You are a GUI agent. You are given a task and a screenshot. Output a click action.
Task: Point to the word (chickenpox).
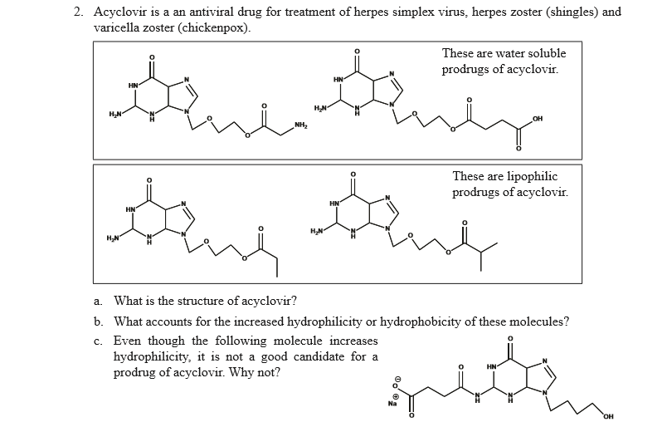(216, 27)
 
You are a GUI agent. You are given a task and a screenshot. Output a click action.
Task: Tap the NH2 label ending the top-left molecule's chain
(301, 126)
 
